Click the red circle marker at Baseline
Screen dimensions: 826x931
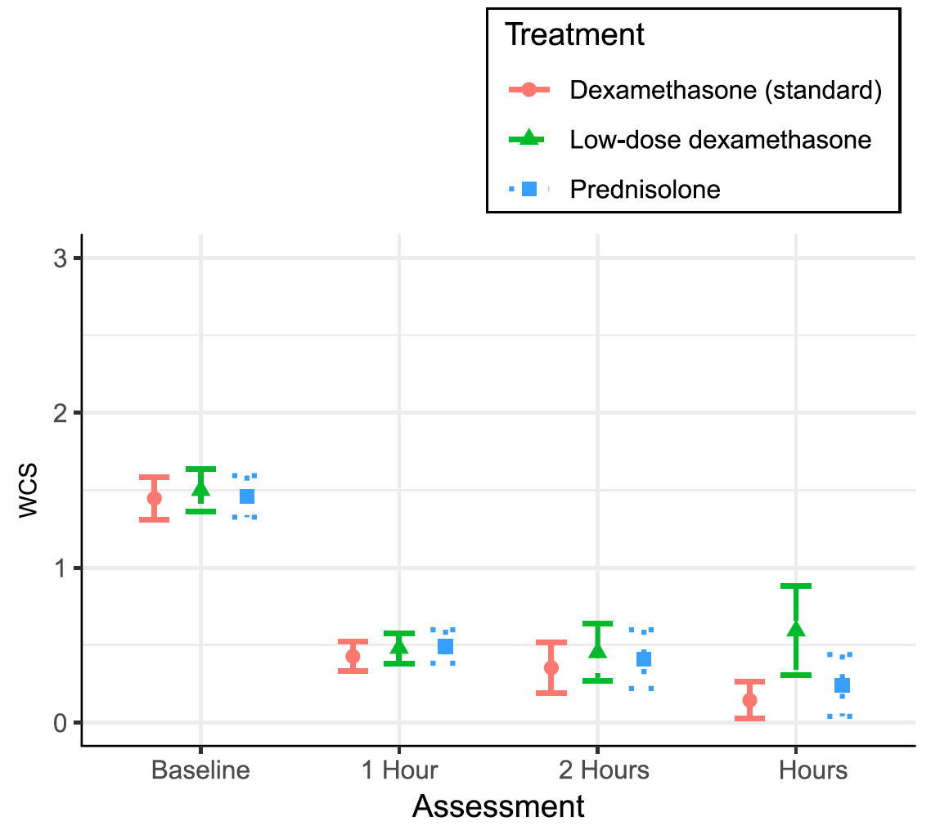[154, 498]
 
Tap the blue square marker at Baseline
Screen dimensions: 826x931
[246, 496]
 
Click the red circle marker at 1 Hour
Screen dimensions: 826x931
[353, 656]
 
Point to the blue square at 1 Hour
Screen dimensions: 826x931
[445, 646]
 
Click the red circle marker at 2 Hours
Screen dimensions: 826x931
[551, 667]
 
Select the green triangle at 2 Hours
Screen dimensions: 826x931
[597, 650]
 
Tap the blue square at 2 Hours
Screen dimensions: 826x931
[644, 659]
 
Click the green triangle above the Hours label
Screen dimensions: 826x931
[796, 629]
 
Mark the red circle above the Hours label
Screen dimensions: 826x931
[749, 700]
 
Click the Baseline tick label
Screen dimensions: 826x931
[200, 770]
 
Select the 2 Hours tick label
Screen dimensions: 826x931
[597, 770]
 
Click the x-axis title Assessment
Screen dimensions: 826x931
[498, 806]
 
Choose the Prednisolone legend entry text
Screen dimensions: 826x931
[645, 189]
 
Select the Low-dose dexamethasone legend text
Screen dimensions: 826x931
[721, 140]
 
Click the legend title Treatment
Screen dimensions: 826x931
[574, 35]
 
